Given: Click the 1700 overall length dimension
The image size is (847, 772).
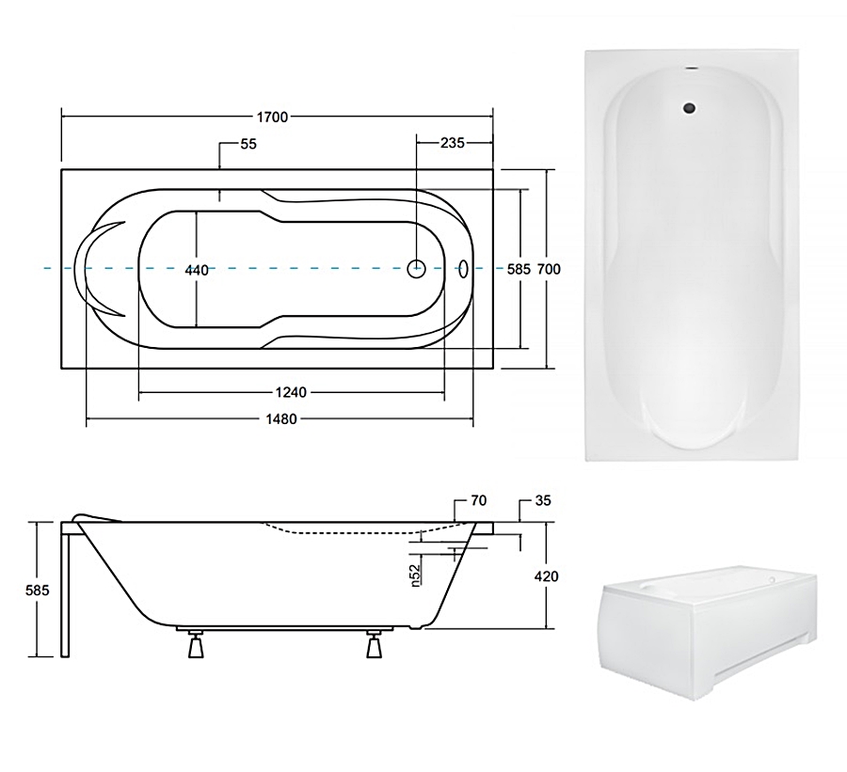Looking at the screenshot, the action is coord(272,117).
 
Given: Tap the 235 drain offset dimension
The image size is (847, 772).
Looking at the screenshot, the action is coord(452,143).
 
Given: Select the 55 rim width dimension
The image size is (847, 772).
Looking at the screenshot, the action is coord(248,144).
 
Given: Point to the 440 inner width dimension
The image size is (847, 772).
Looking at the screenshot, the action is coord(197,270).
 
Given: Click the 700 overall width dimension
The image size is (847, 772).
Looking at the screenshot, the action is coord(549,269).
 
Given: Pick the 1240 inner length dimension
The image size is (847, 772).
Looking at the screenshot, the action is coord(291,392).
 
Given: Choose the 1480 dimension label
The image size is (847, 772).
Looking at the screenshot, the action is coord(281,419).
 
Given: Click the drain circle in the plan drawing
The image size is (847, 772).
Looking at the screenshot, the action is coord(416,268).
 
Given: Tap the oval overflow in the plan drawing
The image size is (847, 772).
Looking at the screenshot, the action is coord(463,269).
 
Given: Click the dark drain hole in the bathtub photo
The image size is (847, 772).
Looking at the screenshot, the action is coord(689,108).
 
